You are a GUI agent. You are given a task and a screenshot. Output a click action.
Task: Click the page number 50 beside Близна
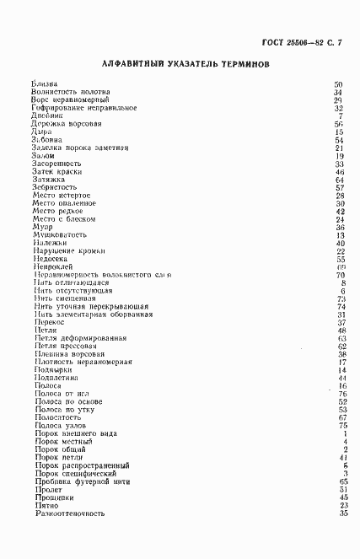pyautogui.click(x=339, y=84)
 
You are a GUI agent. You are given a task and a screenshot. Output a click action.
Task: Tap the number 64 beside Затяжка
pyautogui.click(x=340, y=180)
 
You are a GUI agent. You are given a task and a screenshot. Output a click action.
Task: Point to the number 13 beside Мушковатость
pyautogui.click(x=341, y=235)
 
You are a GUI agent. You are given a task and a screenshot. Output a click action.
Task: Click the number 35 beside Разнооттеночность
pyautogui.click(x=342, y=513)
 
